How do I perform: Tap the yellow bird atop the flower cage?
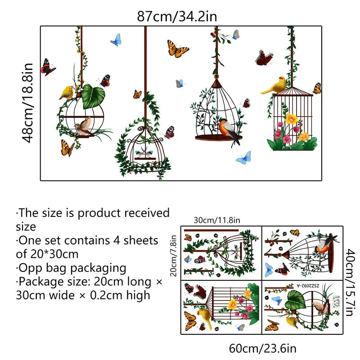(x=275, y=85)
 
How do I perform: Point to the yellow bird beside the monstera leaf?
(x=67, y=92)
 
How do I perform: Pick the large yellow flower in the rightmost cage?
(x=292, y=118)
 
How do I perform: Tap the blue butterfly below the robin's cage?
(x=243, y=157)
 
